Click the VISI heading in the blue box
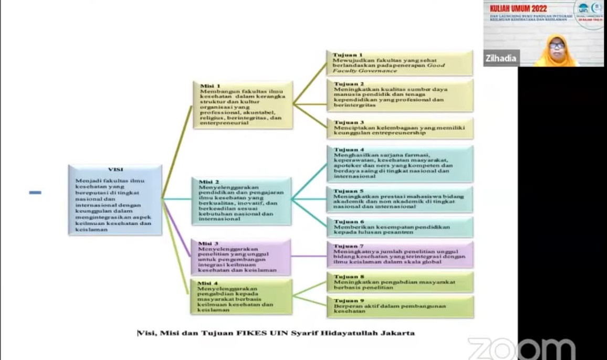[115, 170]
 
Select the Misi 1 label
[210, 86]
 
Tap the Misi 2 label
[209, 182]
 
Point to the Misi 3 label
[208, 243]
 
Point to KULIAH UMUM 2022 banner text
[518, 8]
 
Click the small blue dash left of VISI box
[35, 193]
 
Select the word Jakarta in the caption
[396, 333]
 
